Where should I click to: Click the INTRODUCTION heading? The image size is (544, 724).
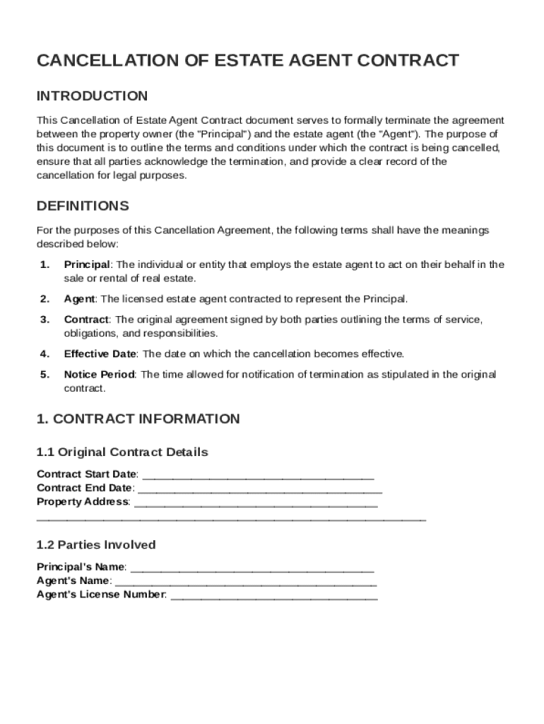click(92, 96)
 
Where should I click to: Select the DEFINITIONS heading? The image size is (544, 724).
click(83, 206)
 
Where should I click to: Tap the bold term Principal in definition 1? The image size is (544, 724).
click(86, 264)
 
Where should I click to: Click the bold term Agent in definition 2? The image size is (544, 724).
click(79, 299)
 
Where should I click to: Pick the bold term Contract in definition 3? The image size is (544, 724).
click(86, 320)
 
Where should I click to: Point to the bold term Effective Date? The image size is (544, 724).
click(101, 354)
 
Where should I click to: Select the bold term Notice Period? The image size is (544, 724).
click(99, 375)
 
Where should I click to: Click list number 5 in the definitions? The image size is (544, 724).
click(44, 375)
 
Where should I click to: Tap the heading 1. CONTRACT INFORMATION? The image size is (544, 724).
click(138, 419)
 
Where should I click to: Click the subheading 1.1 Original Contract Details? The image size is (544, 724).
click(122, 452)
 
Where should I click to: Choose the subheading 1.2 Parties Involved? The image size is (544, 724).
click(96, 545)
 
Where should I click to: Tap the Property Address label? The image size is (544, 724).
click(83, 502)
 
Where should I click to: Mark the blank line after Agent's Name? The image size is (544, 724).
click(245, 583)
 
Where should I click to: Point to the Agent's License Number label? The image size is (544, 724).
click(101, 595)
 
